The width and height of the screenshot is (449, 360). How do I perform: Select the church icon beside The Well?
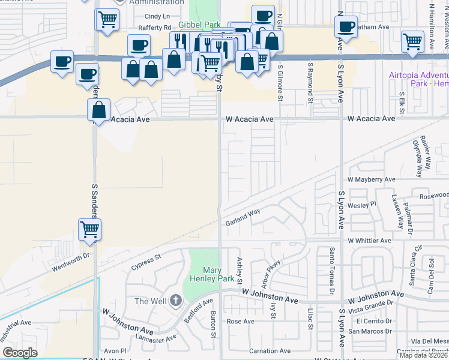click(x=175, y=300)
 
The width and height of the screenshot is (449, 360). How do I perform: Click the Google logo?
click(x=20, y=353)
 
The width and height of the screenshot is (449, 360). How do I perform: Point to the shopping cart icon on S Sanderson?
click(x=89, y=229)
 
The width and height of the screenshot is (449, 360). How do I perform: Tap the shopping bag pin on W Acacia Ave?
click(x=98, y=111)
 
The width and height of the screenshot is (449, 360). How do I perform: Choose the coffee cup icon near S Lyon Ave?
click(x=346, y=27)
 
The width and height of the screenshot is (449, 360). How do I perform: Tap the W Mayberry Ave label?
click(x=372, y=179)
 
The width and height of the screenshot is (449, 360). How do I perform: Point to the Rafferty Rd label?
click(x=154, y=28)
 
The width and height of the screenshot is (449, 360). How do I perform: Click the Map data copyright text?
click(x=424, y=355)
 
